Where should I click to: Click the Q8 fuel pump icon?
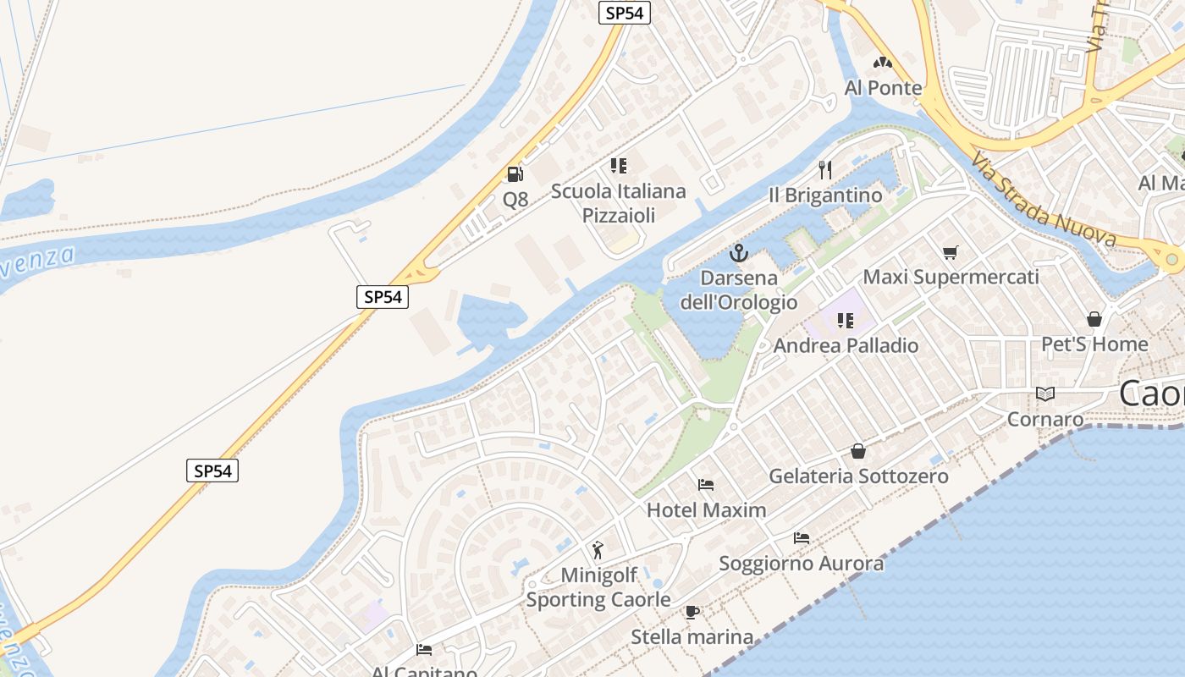point(515,174)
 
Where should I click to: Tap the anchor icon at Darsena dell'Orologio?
point(739,252)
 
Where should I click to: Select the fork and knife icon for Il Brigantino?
point(826,170)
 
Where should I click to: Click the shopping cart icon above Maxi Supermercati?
point(951,252)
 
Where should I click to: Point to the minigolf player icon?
point(598,550)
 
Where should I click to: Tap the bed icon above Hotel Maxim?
point(706,485)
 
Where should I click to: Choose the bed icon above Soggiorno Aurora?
point(802,538)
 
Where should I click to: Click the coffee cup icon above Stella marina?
point(692,612)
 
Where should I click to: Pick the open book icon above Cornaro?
point(1045,394)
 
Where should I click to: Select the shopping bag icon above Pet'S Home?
point(1094,319)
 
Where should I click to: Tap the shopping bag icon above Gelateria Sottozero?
point(858,451)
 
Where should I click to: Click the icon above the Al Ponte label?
point(883,63)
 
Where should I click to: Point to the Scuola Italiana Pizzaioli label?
point(619,203)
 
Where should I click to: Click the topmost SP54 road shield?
point(625,13)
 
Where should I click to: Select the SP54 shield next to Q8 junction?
point(383,297)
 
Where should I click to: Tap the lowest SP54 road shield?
point(212,471)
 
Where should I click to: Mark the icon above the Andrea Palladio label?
point(845,320)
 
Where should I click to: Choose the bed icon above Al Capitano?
point(424,650)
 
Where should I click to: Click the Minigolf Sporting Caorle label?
point(598,588)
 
